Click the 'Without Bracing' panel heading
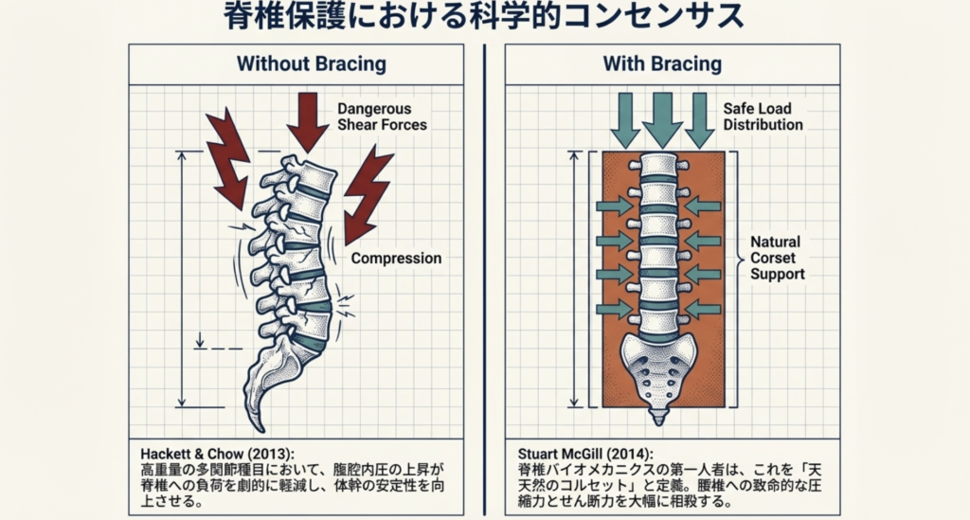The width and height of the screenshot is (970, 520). [297, 65]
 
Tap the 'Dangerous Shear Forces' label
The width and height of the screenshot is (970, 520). [382, 117]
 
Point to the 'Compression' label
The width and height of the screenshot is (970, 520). [396, 258]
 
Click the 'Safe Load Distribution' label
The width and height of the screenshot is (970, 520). [763, 117]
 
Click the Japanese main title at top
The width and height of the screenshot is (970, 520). [484, 18]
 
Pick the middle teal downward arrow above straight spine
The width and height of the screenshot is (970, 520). [662, 118]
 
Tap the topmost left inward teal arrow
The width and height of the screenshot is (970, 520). [614, 206]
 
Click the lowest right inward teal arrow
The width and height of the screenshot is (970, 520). [703, 308]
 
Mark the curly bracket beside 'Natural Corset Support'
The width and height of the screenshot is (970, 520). [740, 258]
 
